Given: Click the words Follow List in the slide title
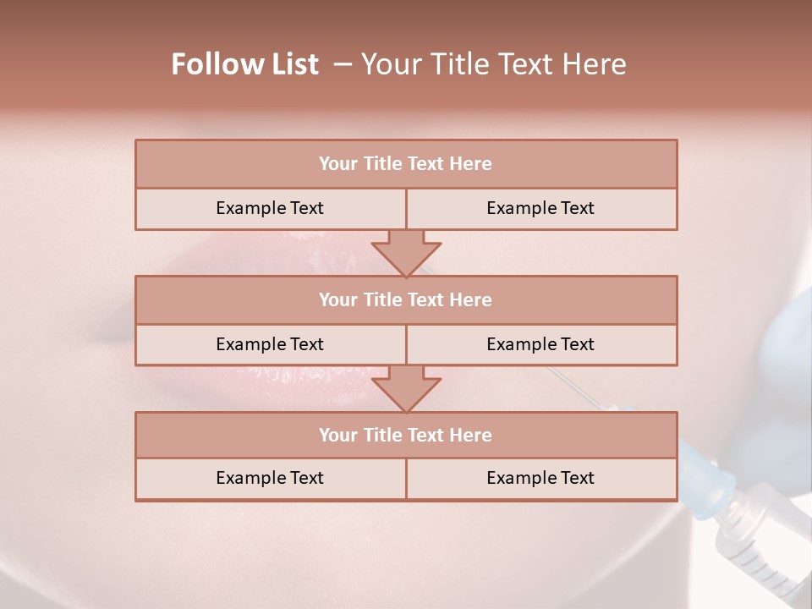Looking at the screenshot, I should (244, 64).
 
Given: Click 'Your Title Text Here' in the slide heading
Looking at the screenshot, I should (493, 64).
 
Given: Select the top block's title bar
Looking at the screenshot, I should (406, 164).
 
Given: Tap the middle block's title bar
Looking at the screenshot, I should (406, 299).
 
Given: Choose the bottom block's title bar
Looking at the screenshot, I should (406, 435).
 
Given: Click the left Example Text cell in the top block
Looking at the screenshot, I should (270, 208).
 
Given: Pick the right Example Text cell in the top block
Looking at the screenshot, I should (540, 208).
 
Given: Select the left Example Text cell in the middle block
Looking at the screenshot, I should (270, 344).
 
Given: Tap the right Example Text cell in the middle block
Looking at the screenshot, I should (540, 344).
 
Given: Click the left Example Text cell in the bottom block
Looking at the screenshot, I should (270, 478).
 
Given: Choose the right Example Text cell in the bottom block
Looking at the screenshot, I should (540, 478).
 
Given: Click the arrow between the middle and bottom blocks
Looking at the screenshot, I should (406, 388).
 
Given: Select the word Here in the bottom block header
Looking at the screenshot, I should (470, 435).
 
